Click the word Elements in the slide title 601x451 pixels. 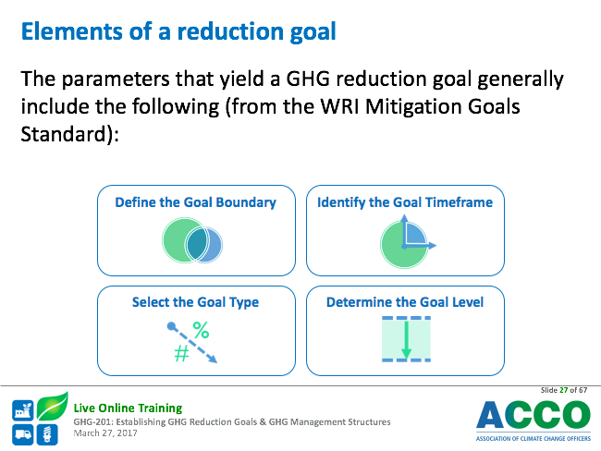[x=72, y=31]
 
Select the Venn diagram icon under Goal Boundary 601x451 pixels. [x=192, y=240]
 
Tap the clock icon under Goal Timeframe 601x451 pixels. [x=408, y=241]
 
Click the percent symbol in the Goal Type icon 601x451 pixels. [x=201, y=330]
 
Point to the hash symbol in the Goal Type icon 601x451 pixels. [x=181, y=353]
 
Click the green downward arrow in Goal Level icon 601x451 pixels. [x=406, y=339]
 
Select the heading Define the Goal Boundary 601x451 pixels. [x=195, y=202]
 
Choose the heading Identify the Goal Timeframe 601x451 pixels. [x=405, y=202]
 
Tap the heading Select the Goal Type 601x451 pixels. [x=195, y=302]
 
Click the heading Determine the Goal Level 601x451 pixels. [x=405, y=302]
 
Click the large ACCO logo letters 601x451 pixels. [x=534, y=414]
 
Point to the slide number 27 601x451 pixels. [x=563, y=390]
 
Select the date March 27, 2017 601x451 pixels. [x=105, y=433]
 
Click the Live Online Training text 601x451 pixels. [x=128, y=408]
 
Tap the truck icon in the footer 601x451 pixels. [x=22, y=434]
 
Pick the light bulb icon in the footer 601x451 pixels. [x=47, y=434]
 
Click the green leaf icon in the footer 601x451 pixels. [x=53, y=406]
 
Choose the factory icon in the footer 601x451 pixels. [x=22, y=410]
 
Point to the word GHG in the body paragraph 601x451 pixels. [x=308, y=79]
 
